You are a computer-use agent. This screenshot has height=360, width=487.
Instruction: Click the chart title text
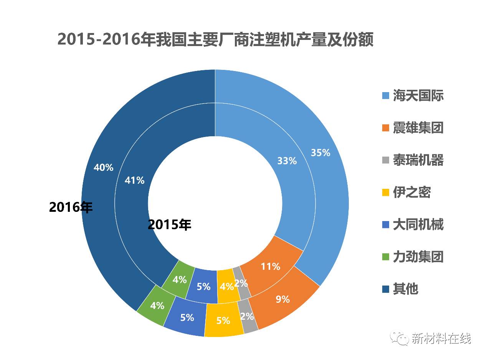click(x=215, y=40)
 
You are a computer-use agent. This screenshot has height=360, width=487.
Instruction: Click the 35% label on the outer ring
click(x=320, y=153)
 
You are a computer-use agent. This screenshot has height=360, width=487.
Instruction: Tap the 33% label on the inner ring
click(x=287, y=161)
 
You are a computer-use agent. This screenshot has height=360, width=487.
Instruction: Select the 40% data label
click(x=103, y=168)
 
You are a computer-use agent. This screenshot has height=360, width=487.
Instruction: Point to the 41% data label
click(x=134, y=180)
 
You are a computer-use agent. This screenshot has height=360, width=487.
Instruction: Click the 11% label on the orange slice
click(x=270, y=266)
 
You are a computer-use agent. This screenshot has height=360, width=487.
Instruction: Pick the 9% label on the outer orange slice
click(x=282, y=299)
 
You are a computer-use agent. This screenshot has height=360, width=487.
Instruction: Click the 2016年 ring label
click(x=71, y=207)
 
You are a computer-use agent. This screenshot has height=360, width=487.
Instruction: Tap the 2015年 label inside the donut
click(x=169, y=225)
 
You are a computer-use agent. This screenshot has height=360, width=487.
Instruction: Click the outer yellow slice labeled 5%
click(x=223, y=320)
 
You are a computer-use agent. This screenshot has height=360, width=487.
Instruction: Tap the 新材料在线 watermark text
click(x=441, y=338)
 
